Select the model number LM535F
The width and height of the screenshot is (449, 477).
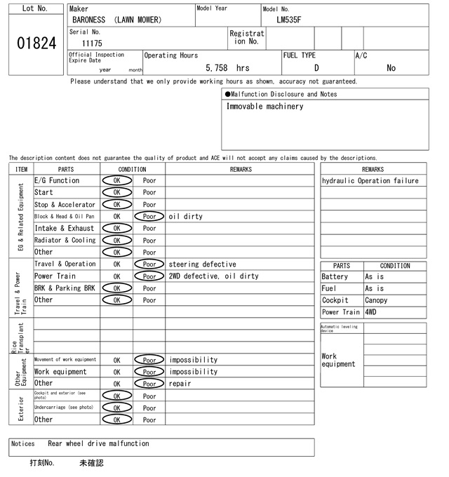pos(289,20)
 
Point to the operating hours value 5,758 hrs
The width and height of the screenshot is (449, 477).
pos(227,68)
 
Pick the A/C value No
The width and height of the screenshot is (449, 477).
pos(391,68)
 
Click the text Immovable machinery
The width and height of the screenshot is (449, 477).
pos(264,107)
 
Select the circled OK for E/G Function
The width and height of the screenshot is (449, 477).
pos(116,180)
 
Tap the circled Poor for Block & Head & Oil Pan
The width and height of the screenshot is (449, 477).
pos(149,217)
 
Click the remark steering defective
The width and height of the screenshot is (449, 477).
pos(202,264)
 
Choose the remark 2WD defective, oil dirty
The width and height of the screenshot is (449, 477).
pos(213,276)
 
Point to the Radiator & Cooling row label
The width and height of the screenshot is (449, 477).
pos(65,241)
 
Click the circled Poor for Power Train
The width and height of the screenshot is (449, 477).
pos(149,276)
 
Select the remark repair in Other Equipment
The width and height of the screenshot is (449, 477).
pos(180,384)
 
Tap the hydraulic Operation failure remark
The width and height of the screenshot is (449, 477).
pos(370,181)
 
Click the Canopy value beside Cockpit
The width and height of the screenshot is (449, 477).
pos(376,300)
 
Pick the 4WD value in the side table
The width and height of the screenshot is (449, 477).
pos(370,312)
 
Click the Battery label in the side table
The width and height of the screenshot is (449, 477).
pos(335,277)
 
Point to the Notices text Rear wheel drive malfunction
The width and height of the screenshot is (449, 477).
pos(98,444)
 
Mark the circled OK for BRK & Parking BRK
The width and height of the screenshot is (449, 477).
pos(116,288)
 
